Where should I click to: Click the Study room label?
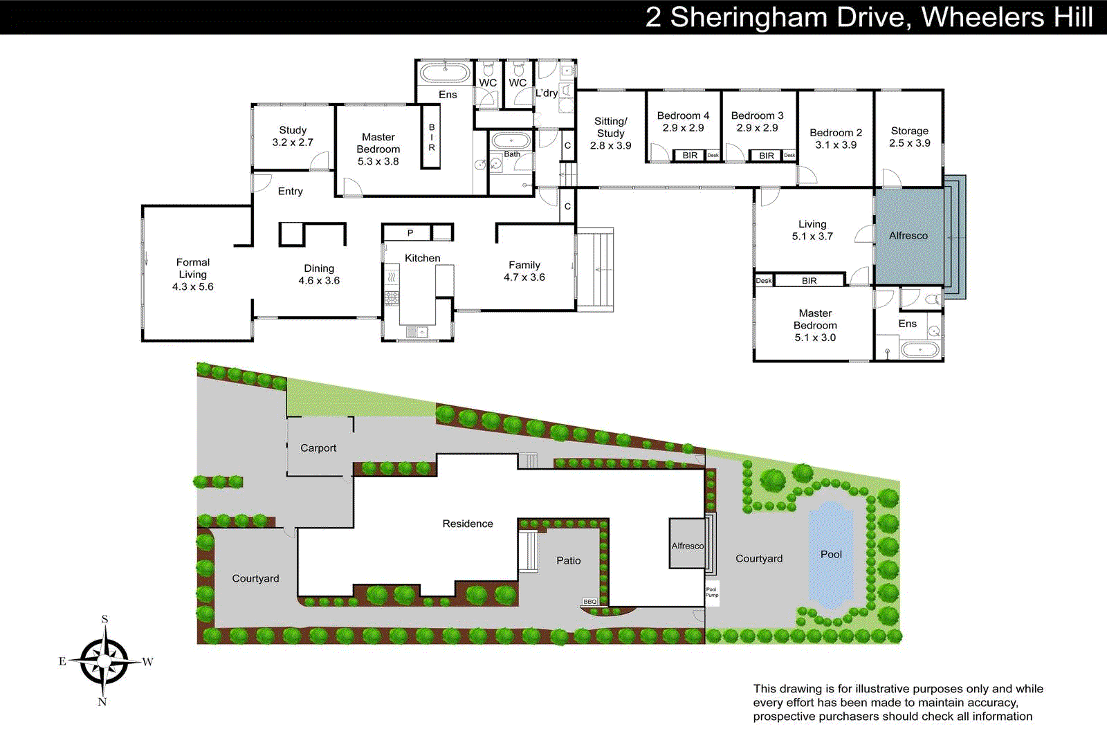click(x=293, y=136)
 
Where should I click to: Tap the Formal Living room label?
click(x=193, y=274)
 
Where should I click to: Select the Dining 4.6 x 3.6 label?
click(x=319, y=274)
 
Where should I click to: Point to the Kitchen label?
click(x=422, y=258)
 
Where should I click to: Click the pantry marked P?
click(x=410, y=233)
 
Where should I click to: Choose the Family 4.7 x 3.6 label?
click(x=524, y=270)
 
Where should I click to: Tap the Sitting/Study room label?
click(x=610, y=133)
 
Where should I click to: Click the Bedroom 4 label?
click(x=683, y=121)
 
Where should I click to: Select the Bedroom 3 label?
click(x=757, y=121)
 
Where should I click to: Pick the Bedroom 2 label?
click(x=836, y=138)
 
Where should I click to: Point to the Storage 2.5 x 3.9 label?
click(x=909, y=136)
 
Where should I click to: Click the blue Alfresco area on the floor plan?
click(x=908, y=236)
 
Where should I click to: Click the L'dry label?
click(x=547, y=93)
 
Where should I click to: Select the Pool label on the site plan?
click(x=831, y=554)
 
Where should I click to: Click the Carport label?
click(x=318, y=448)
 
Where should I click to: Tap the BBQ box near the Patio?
click(x=589, y=602)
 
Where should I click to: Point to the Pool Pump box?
click(x=712, y=592)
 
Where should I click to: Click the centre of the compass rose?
click(x=104, y=661)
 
